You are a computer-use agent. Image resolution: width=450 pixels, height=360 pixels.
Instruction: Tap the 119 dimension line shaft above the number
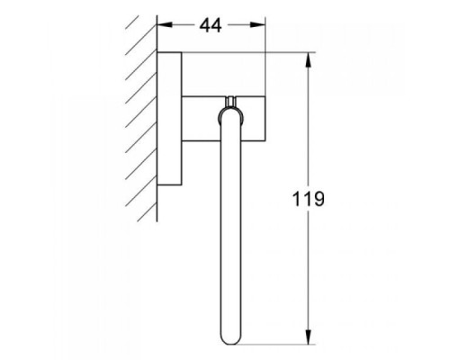coord(310,126)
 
